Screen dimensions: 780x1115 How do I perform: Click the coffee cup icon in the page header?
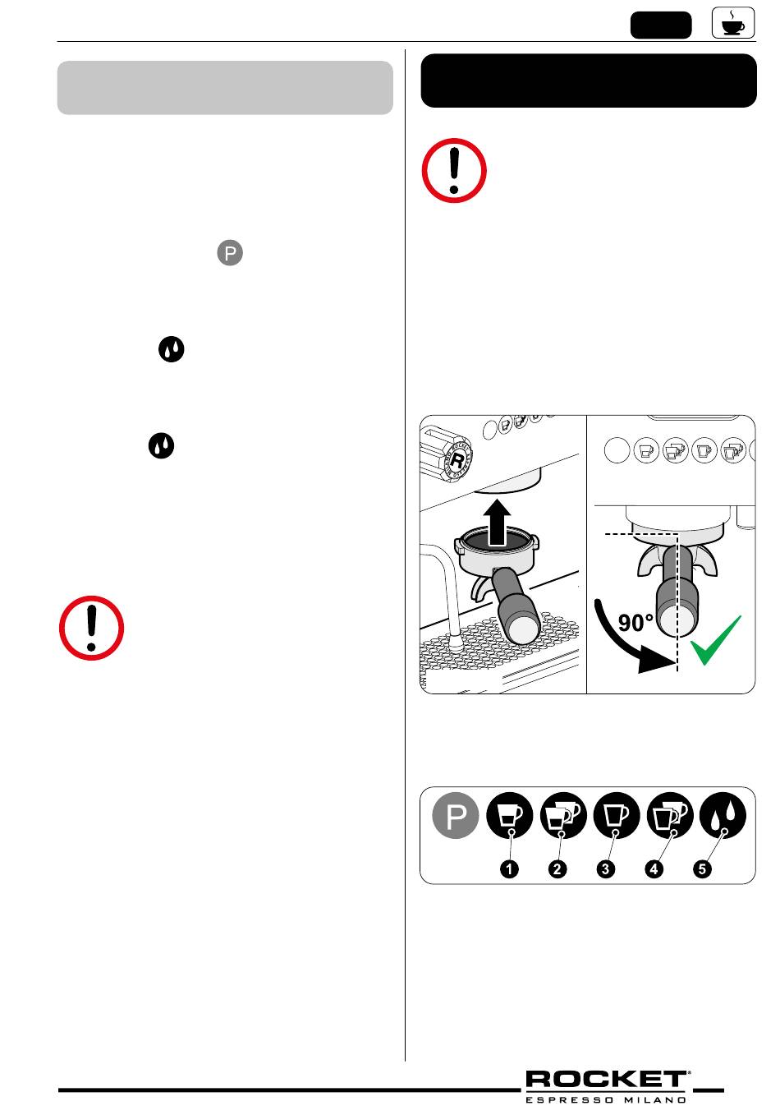733,22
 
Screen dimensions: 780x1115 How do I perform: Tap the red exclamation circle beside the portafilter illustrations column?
454,170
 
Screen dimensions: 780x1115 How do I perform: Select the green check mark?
715,640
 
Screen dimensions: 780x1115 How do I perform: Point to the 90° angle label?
635,622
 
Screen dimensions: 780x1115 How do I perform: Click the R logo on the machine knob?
457,460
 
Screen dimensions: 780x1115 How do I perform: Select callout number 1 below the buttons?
509,869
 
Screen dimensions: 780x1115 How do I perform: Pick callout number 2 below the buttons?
557,869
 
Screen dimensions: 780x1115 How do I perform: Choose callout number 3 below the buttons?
605,869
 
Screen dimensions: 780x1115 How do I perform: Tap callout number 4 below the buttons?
654,869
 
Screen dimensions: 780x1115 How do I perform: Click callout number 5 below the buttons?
702,869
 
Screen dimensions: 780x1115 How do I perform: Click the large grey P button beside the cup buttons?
455,815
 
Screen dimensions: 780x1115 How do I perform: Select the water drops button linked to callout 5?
723,815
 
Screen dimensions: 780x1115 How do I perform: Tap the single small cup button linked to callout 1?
509,815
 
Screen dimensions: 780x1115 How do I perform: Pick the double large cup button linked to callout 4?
669,815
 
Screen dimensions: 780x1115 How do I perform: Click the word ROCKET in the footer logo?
606,1080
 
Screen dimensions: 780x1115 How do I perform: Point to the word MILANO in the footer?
655,1100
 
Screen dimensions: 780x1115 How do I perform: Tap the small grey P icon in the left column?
230,253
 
